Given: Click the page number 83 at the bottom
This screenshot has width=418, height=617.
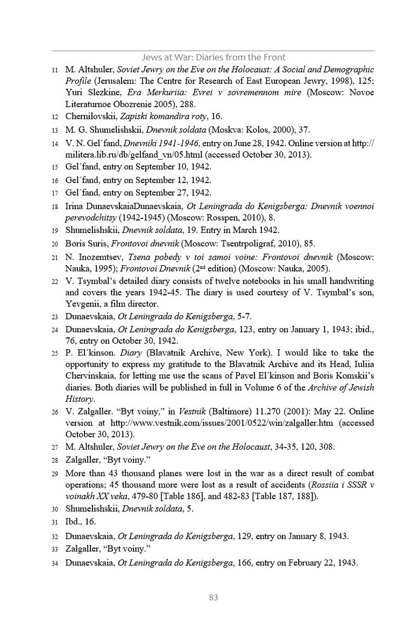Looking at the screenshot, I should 214,597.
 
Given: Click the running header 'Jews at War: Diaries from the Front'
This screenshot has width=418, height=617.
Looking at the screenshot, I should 213,57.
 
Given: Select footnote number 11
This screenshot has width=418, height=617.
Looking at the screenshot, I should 54,70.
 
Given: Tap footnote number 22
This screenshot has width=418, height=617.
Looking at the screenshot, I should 54,281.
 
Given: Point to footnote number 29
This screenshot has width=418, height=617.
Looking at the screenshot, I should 54,474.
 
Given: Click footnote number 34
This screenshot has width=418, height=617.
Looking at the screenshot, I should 54,563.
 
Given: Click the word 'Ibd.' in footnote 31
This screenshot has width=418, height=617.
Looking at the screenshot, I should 74,522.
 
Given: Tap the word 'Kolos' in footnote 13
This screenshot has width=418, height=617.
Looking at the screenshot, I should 249,130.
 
